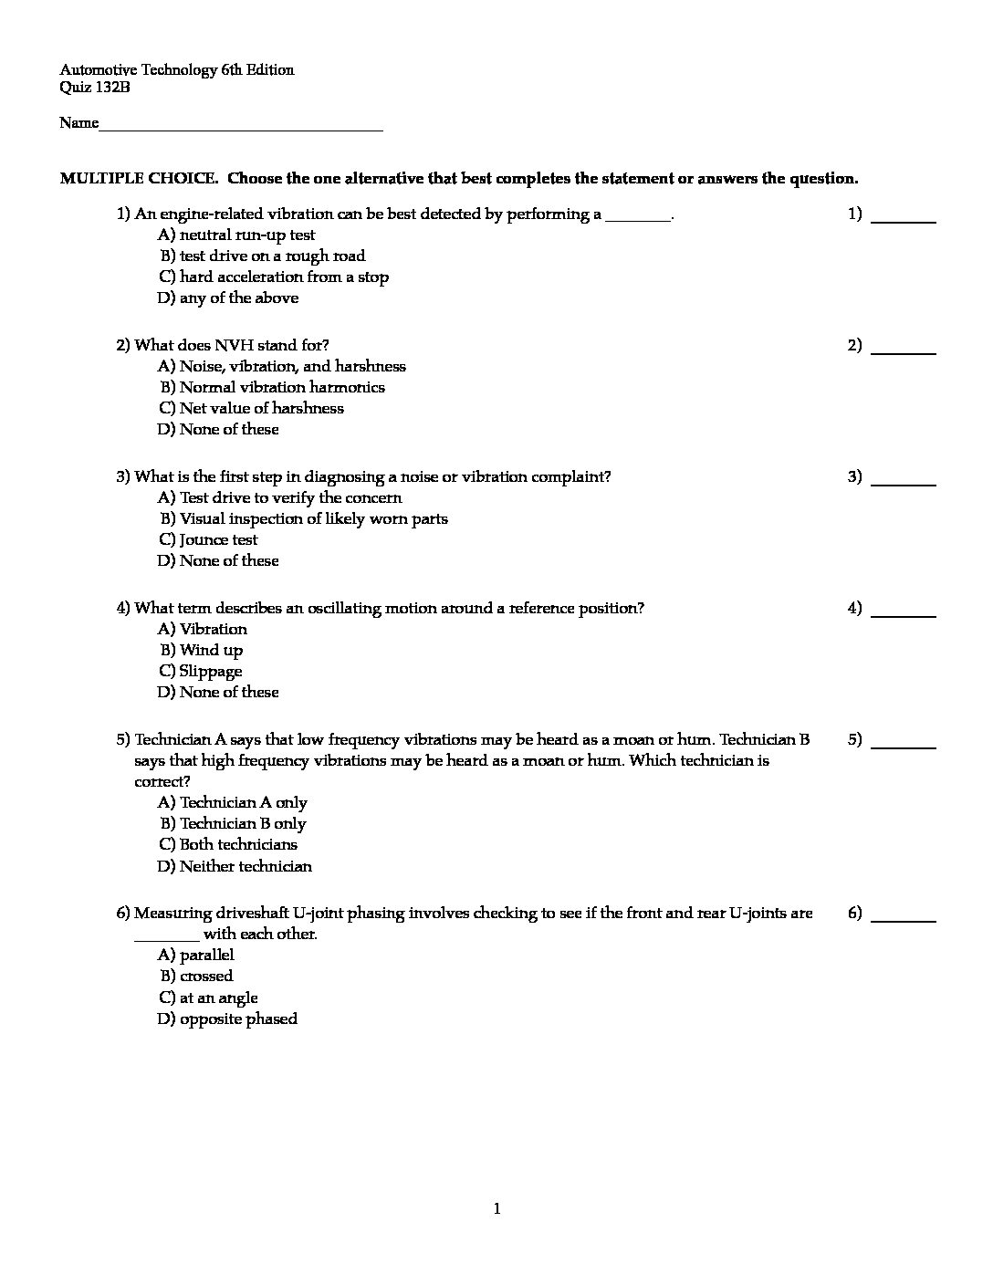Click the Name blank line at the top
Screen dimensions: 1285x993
pos(240,128)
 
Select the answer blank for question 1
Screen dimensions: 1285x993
pos(904,219)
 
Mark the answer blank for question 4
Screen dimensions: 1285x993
pos(904,613)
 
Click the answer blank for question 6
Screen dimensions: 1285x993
pos(904,918)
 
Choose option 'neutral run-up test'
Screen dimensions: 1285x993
pos(246,235)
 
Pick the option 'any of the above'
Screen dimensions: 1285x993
pos(238,298)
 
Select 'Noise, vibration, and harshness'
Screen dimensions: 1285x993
pos(292,367)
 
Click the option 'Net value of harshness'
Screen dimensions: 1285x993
pos(261,409)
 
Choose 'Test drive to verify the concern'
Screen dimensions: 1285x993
pos(290,498)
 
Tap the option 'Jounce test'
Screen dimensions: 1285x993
pos(218,540)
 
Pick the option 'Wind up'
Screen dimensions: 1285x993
pos(211,651)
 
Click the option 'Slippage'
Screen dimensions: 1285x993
pos(211,672)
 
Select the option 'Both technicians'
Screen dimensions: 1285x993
pos(238,845)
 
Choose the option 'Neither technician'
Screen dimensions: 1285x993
pos(246,867)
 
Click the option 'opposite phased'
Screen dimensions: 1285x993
pos(238,1019)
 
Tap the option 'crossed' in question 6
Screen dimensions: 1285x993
pos(206,977)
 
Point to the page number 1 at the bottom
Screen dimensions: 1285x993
pos(496,1210)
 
